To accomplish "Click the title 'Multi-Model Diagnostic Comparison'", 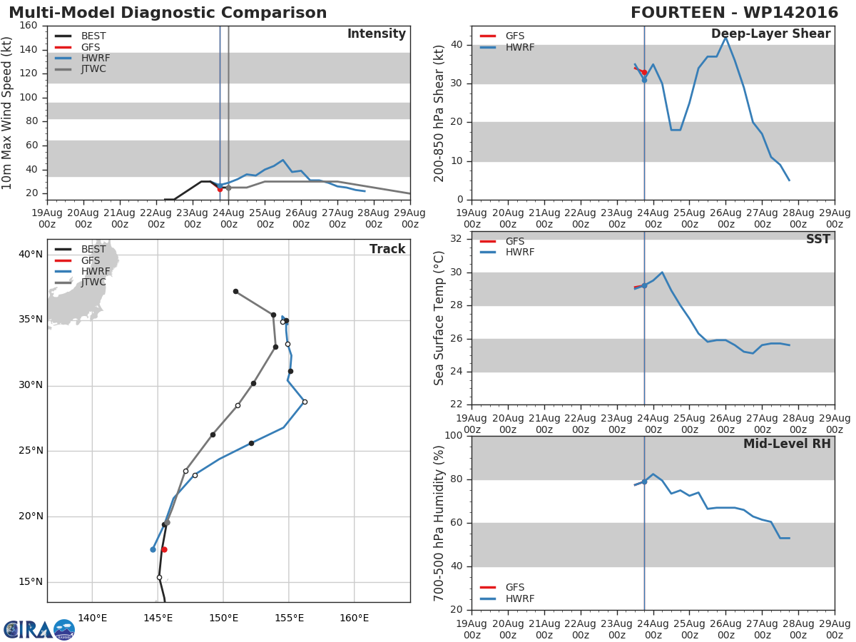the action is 168,12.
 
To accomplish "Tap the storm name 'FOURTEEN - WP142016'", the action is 734,12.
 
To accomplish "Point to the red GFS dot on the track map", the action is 164,549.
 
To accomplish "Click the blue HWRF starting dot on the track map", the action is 153,549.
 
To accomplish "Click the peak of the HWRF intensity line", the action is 282,160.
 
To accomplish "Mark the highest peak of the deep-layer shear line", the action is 725,37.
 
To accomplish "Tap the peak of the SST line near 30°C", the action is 662,272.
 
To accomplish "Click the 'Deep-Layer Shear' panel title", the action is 770,34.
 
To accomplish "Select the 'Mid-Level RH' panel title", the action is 787,444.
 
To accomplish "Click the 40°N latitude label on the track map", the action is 31,255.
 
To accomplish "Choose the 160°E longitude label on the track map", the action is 354,618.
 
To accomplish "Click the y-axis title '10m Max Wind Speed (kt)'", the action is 6,113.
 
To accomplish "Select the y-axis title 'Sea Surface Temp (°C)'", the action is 439,318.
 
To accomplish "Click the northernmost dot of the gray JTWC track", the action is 235,292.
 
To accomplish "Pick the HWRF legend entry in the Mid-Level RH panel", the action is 506,598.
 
